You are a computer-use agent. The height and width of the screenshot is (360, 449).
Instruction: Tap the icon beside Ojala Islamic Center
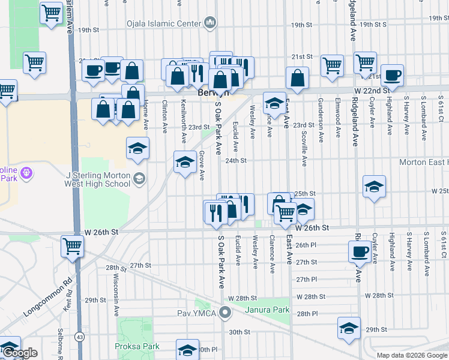[x=210, y=23]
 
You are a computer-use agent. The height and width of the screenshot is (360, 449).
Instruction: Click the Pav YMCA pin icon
[x=225, y=312]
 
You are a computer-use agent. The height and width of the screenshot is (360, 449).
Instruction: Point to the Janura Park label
[x=267, y=310]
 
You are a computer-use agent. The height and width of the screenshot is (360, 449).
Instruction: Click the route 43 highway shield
[x=79, y=338]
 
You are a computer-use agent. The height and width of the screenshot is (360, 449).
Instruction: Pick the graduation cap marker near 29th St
[x=348, y=328]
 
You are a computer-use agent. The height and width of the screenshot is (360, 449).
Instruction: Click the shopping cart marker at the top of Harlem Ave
[x=52, y=12]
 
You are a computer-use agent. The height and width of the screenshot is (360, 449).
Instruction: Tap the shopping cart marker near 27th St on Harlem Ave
[x=72, y=245]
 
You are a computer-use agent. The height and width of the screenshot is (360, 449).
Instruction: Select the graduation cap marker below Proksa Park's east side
[x=187, y=350]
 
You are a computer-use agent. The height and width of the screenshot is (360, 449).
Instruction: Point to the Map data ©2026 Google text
[x=412, y=355]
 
